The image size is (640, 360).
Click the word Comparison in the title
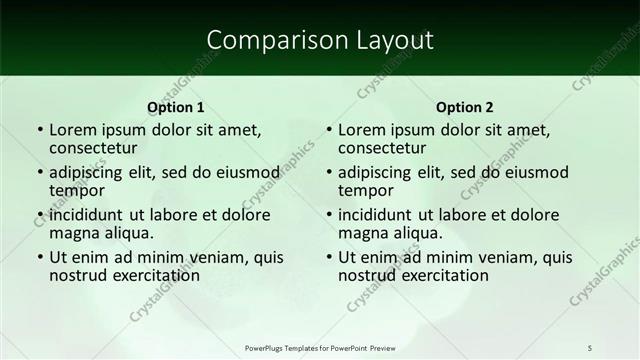[x=267, y=39]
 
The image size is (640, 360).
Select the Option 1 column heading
[x=175, y=107]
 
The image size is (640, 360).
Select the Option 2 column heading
[x=464, y=107]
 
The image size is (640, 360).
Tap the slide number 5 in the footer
[x=589, y=347]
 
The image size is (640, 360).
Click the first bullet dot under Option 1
[x=39, y=130]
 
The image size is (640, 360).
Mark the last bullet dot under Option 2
[x=328, y=257]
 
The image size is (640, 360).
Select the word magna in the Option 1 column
[x=73, y=233]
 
